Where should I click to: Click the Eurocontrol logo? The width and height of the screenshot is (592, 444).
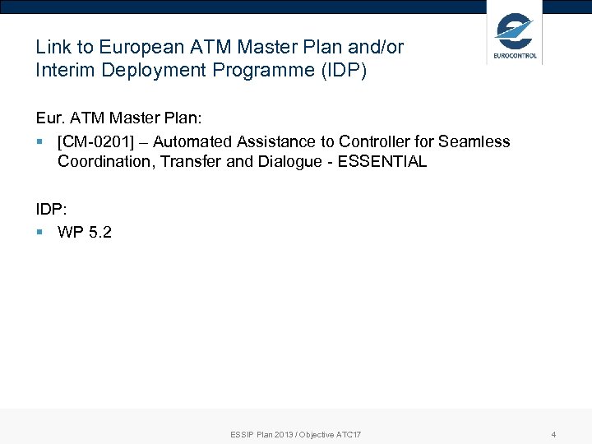(515, 36)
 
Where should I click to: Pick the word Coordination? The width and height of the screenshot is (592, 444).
(105, 162)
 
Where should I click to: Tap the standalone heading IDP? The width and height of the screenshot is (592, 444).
(51, 210)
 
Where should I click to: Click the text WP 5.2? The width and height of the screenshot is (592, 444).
(85, 232)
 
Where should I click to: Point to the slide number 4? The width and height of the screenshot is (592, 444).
(553, 434)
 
